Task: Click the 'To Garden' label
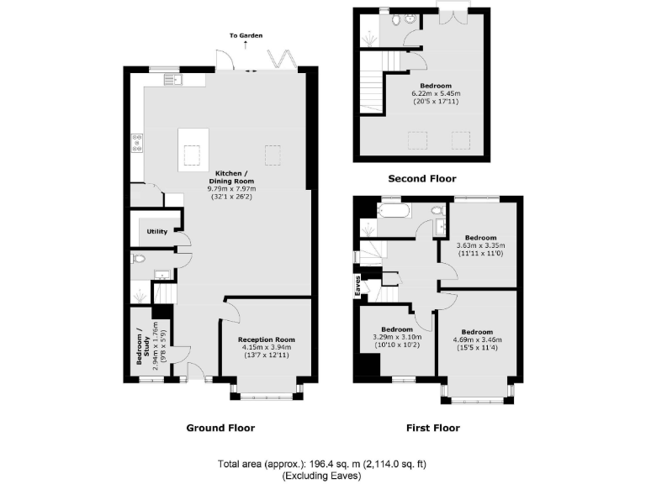(246, 35)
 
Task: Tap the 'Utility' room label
(157, 232)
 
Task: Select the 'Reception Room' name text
(267, 339)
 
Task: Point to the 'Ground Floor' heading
(220, 428)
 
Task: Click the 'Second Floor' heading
(422, 178)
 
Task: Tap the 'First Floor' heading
(433, 428)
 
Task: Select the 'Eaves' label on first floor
(357, 287)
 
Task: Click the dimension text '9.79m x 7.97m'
(231, 189)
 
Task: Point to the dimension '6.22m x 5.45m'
(437, 94)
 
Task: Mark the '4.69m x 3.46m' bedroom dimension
(477, 339)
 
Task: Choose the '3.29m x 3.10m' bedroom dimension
(397, 337)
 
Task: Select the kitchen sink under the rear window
(179, 80)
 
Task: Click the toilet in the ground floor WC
(140, 260)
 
